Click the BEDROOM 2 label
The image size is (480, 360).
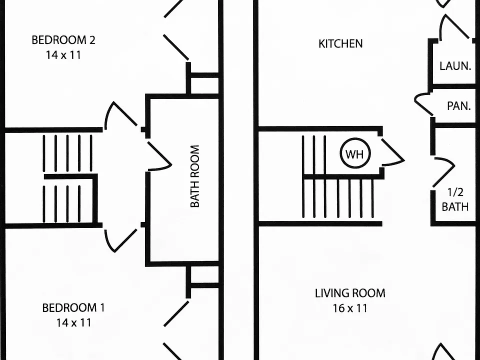pyautogui.click(x=63, y=40)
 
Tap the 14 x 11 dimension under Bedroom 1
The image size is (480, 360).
pyautogui.click(x=74, y=322)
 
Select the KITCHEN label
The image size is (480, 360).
pyautogui.click(x=340, y=44)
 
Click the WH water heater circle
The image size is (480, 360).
pyautogui.click(x=355, y=153)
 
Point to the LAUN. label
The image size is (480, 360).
pyautogui.click(x=455, y=66)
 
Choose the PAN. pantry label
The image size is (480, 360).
pyautogui.click(x=458, y=106)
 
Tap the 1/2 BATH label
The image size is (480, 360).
pyautogui.click(x=455, y=199)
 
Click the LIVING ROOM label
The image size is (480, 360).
pyautogui.click(x=350, y=293)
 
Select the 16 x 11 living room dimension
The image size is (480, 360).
pyautogui.click(x=350, y=308)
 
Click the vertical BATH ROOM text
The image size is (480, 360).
pyautogui.click(x=195, y=176)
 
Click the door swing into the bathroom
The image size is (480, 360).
pyautogui.click(x=159, y=156)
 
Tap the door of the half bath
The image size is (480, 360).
pyautogui.click(x=444, y=172)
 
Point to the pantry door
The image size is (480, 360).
pyautogui.click(x=422, y=103)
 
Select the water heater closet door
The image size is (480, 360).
pyautogui.click(x=393, y=152)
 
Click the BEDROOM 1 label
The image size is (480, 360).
pyautogui.click(x=73, y=308)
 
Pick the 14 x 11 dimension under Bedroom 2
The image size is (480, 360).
pyautogui.click(x=63, y=55)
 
